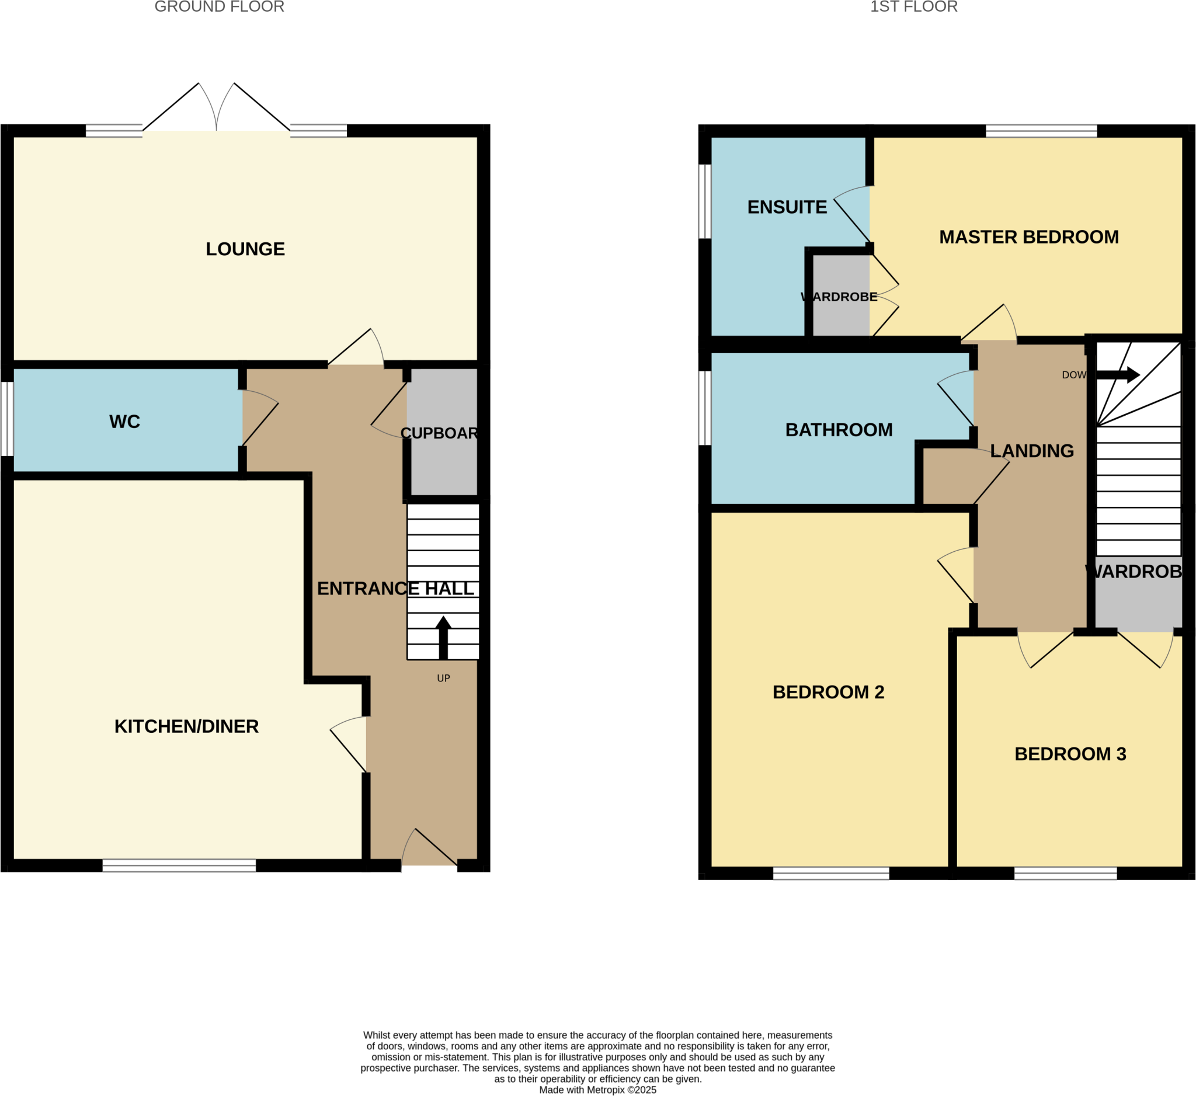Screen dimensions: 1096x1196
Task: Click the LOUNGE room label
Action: click(x=245, y=249)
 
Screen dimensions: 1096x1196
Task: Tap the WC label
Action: click(x=124, y=422)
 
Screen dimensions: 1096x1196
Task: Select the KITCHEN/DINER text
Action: click(x=186, y=726)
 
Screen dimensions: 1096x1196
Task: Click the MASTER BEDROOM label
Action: click(x=1029, y=237)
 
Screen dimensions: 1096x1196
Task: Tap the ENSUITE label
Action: click(x=787, y=207)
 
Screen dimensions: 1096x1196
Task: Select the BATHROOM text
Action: click(x=839, y=430)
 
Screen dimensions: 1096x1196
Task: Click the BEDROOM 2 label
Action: click(x=828, y=692)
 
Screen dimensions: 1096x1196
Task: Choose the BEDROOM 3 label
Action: click(x=1070, y=754)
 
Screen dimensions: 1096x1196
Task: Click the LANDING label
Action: click(x=1032, y=451)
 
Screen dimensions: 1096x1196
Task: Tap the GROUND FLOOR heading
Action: click(x=219, y=7)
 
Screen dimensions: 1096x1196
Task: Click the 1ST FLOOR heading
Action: click(x=913, y=7)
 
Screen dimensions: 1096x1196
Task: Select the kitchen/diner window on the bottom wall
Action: click(x=179, y=865)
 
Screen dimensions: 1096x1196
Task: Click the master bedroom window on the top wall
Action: click(x=1041, y=131)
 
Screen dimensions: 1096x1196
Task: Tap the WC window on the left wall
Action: click(x=6, y=419)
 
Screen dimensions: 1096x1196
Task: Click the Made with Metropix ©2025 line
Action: click(x=597, y=1090)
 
